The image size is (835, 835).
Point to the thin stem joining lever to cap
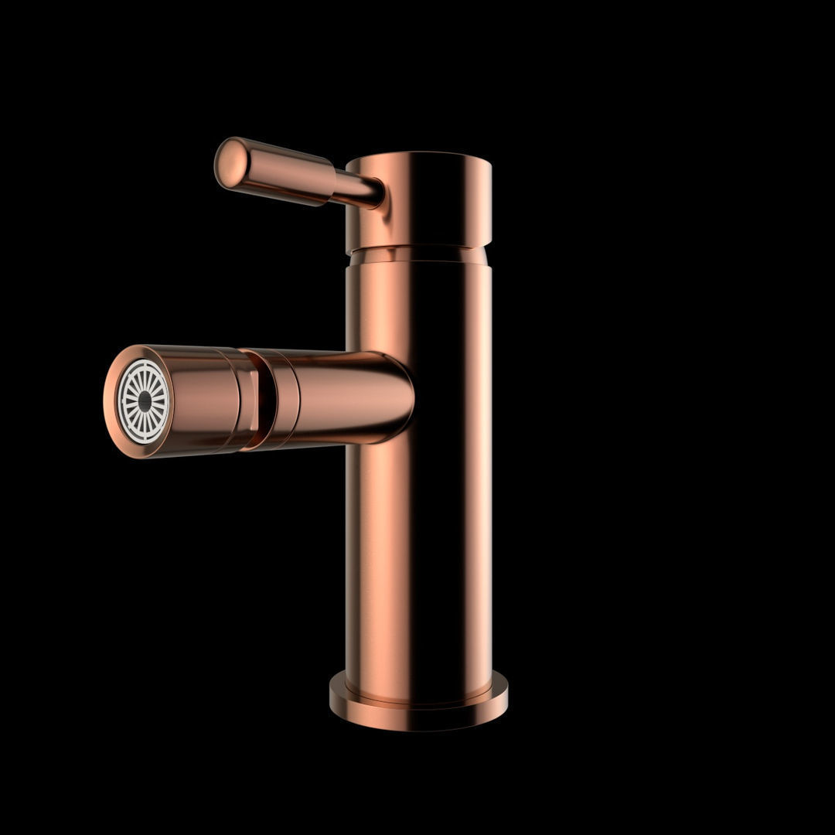357,189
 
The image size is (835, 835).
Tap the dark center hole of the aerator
145,401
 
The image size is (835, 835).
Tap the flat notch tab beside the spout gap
249,403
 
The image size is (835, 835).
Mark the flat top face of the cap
418,158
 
